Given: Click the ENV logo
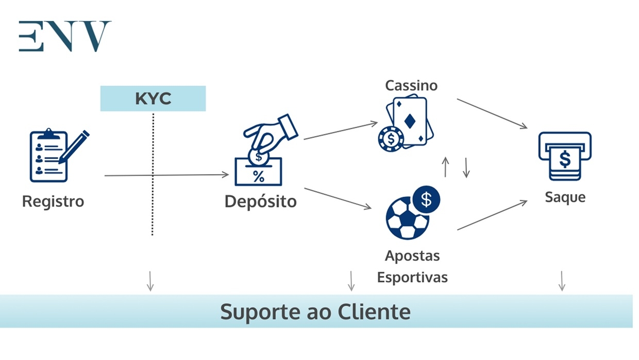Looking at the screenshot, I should point(65,36).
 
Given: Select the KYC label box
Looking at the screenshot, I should point(153,98).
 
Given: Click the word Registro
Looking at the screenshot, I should point(53,201).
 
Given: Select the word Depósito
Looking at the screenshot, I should point(261,201).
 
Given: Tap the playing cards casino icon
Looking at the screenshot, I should point(407,125).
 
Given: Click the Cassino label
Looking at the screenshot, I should point(411,85).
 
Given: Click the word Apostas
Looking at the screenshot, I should point(412,255).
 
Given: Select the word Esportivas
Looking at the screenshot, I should point(412,278).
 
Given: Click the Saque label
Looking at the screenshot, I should point(565,197).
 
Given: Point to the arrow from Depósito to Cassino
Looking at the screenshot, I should point(340,131).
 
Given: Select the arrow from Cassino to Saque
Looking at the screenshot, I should point(492,114).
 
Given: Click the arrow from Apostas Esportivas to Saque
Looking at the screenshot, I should point(492,215).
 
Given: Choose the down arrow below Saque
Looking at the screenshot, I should point(562,281).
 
